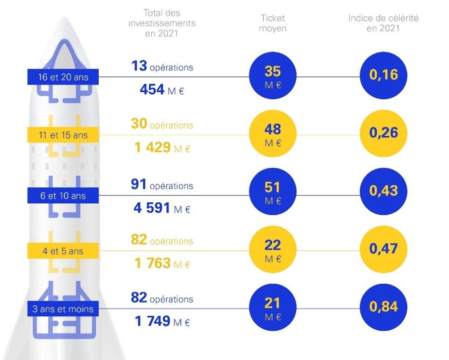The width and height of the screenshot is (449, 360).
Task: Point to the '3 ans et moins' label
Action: point(63,309)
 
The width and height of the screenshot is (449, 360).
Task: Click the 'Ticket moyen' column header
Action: point(273,23)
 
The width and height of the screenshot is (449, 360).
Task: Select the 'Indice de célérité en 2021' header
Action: point(384,23)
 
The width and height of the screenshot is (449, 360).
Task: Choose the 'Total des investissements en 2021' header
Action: point(162,23)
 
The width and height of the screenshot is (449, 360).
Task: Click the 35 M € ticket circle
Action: point(273,77)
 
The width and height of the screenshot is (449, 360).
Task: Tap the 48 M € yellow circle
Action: point(273,134)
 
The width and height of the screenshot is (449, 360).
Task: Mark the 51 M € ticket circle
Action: point(273,192)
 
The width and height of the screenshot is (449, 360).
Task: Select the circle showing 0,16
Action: point(384,75)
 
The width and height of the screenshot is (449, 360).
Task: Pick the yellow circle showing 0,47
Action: point(384,248)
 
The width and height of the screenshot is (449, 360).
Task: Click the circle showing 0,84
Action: point(384,306)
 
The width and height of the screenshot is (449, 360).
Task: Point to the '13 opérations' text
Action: point(162,66)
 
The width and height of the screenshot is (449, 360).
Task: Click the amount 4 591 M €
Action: point(162,208)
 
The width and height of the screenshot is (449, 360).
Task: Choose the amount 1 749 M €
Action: point(162,321)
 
